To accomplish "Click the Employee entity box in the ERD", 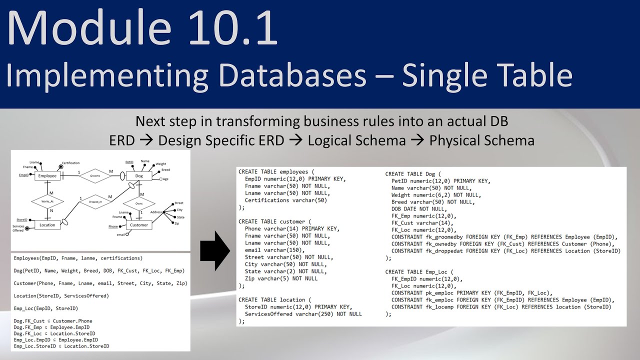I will pos(47,176).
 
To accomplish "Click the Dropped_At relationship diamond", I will pos(95,201).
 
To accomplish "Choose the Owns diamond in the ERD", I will pos(138,204).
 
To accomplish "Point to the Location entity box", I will pos(47,225).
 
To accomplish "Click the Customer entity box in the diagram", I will pos(138,225).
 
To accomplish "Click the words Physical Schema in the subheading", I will pos(481,141).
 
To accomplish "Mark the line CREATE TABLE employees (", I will pos(276,172).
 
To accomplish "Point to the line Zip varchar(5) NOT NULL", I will pos(281,278).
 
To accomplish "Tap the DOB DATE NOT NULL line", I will pos(418,209).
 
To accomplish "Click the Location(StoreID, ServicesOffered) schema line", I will pos(61,296).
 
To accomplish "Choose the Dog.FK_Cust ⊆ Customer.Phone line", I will pos(53,321).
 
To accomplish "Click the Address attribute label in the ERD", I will pos(156,212).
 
